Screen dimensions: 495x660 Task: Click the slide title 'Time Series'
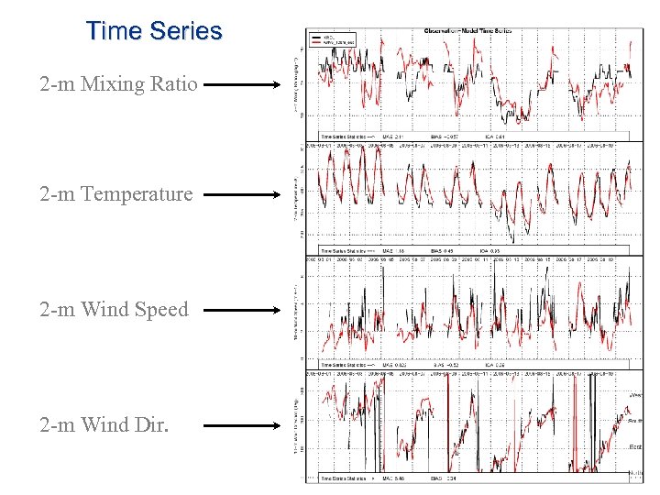pos(154,31)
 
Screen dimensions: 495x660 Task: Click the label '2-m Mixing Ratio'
pos(118,85)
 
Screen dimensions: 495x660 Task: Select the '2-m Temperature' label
pos(116,194)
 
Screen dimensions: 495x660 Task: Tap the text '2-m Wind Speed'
pos(114,310)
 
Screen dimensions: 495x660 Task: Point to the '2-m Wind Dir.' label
pos(104,425)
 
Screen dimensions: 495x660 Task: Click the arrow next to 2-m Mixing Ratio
pos(241,85)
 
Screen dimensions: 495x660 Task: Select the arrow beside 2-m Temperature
pos(241,194)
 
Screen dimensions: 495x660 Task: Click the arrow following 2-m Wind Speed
pos(241,310)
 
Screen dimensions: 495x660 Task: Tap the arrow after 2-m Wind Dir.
pos(241,425)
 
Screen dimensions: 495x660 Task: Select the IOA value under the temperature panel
pos(493,249)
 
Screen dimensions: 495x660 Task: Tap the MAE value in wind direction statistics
pos(396,478)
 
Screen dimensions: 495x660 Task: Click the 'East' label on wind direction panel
pos(635,446)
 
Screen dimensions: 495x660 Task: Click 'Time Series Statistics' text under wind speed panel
pos(344,365)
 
